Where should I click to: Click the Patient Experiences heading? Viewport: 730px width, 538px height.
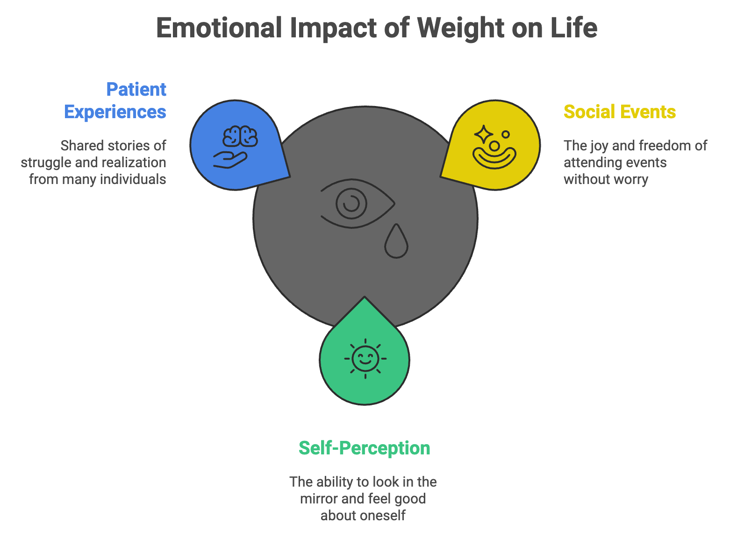point(115,100)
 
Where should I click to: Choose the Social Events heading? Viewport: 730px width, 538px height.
point(619,112)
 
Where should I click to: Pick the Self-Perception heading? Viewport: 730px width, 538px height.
point(364,448)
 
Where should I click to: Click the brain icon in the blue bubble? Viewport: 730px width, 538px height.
point(240,137)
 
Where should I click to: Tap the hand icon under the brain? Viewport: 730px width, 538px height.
point(229,160)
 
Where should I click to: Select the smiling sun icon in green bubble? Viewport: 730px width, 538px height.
point(365,359)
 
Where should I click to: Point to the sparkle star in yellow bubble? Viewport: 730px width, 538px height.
point(483,134)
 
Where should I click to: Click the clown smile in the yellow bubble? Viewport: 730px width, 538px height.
point(494,157)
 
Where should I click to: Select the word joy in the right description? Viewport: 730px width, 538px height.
point(599,146)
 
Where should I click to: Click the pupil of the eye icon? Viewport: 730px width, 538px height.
point(351,203)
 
